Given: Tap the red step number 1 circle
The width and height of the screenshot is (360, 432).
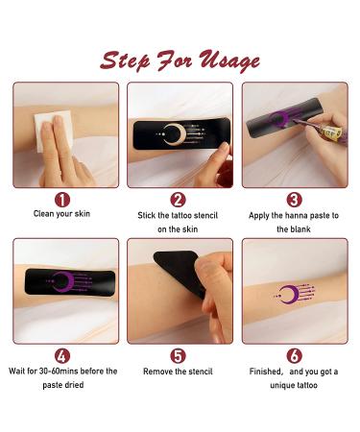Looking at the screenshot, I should (x=64, y=200).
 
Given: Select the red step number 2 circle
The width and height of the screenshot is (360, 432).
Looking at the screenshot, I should (x=179, y=200).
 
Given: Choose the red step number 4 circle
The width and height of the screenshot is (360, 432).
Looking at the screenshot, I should (x=64, y=355).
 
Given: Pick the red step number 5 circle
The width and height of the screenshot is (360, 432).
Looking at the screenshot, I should (x=179, y=355).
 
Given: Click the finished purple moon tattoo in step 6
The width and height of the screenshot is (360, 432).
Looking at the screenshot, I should (x=289, y=294).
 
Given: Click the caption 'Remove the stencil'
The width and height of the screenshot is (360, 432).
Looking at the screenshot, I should (x=180, y=371).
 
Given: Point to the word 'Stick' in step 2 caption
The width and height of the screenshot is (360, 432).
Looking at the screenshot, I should (x=150, y=215).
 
